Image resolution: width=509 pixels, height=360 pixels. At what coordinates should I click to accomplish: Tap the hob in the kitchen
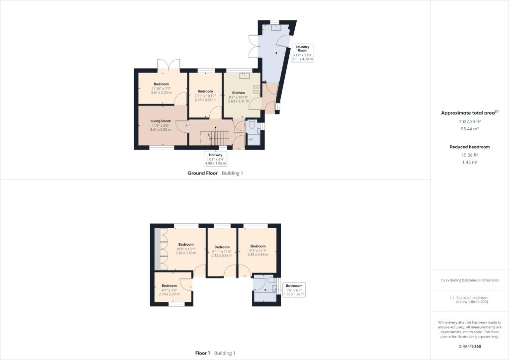point(256,90)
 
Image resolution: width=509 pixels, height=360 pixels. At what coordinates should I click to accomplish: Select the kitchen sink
point(244,76)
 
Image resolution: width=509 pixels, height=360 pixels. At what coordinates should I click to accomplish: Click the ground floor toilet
point(252,125)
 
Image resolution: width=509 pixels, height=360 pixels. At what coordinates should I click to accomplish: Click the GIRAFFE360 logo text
point(470,346)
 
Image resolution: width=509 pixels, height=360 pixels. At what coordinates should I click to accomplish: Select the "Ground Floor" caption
point(203,173)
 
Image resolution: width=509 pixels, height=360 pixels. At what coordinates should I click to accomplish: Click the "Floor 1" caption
point(203,353)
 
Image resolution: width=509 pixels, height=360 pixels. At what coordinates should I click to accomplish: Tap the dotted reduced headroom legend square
point(452,297)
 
